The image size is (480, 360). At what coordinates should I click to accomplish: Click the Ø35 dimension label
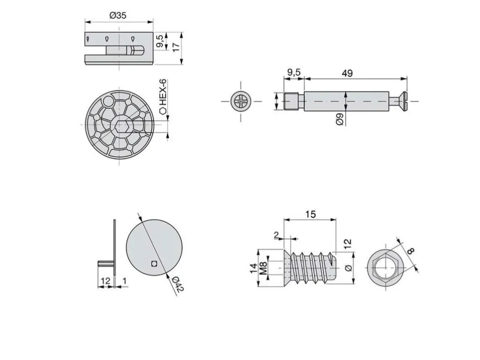point(118,15)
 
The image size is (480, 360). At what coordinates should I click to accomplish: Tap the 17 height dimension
point(176,47)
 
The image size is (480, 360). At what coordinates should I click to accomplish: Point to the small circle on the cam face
point(108,100)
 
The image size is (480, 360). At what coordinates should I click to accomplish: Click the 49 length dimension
point(347,73)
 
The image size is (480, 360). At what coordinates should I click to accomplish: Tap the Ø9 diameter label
point(340,119)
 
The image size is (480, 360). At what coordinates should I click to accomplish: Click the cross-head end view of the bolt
point(240,101)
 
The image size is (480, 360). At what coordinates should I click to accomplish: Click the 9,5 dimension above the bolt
point(294,73)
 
